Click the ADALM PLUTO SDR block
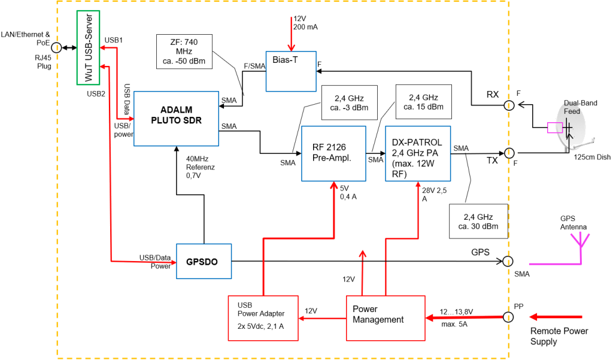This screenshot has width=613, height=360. tap(177, 119)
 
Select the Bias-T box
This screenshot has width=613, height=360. tap(290, 70)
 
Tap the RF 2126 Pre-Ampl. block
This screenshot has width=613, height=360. tap(333, 153)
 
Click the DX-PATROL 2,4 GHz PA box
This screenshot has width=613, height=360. tap(417, 153)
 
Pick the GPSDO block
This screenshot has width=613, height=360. tap(204, 261)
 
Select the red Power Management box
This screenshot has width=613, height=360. tap(386, 314)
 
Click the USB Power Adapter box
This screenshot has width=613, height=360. tap(263, 317)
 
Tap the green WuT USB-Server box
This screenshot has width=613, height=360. tap(88, 48)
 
